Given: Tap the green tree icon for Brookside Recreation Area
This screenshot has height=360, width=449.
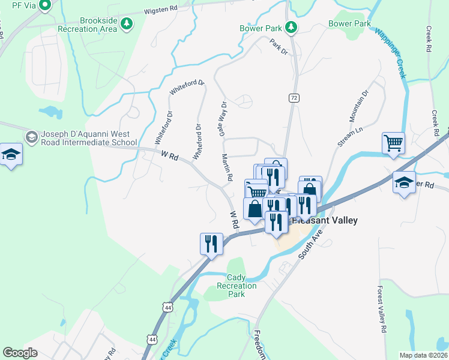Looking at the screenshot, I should (x=126, y=23).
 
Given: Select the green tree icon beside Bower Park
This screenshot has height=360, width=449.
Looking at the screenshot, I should (x=291, y=27).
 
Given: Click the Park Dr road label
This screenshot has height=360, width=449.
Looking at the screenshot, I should (x=279, y=47).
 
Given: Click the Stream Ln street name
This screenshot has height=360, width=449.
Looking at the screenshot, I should (x=351, y=136).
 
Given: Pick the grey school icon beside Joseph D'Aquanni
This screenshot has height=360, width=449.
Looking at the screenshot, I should (x=32, y=137).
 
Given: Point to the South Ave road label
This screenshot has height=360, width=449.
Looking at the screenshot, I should (x=312, y=243).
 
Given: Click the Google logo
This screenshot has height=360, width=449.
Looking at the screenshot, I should (x=20, y=352).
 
